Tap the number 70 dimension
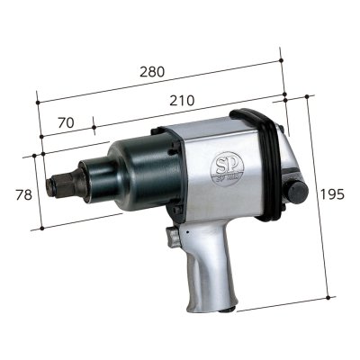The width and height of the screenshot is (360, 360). coord(65,121)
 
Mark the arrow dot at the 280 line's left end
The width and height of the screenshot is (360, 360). coord(37,93)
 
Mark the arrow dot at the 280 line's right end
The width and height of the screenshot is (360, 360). coord(282,60)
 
